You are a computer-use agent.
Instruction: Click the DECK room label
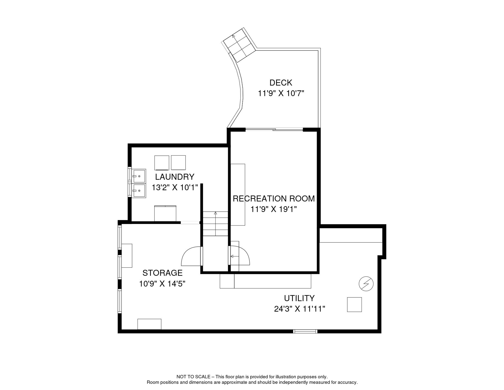pyautogui.click(x=281, y=83)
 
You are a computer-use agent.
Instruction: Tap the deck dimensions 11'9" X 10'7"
pyautogui.click(x=281, y=93)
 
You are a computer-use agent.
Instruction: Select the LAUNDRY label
pyautogui.click(x=175, y=177)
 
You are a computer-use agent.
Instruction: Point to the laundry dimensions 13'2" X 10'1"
pyautogui.click(x=175, y=188)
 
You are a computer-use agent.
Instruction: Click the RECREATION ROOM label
pyautogui.click(x=274, y=199)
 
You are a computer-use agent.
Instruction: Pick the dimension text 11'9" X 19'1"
pyautogui.click(x=274, y=209)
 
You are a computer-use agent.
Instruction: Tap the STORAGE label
pyautogui.click(x=163, y=273)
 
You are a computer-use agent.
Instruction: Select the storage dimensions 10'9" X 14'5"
pyautogui.click(x=162, y=284)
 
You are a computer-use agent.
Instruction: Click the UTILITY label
pyautogui.click(x=299, y=298)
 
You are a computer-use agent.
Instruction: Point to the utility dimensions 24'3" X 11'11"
pyautogui.click(x=299, y=309)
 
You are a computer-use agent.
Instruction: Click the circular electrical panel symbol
pyautogui.click(x=366, y=284)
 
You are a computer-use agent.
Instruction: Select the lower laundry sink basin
pyautogui.click(x=139, y=191)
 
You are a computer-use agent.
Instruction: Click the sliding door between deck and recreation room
pyautogui.click(x=274, y=130)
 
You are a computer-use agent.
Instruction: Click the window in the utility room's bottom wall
pyautogui.click(x=305, y=331)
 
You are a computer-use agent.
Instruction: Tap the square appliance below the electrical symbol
pyautogui.click(x=354, y=305)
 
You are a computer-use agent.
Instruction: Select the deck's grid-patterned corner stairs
pyautogui.click(x=239, y=45)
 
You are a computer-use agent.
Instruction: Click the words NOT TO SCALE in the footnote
pyautogui.click(x=193, y=377)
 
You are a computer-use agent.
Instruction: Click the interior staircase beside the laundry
pyautogui.click(x=215, y=224)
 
